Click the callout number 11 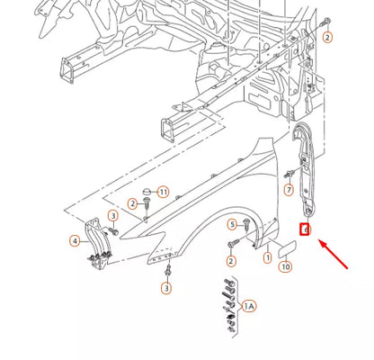163,192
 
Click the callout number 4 75,240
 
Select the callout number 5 231,224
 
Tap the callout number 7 289,190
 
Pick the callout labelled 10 285,266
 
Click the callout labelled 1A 249,306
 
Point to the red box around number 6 306,231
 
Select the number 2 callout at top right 327,37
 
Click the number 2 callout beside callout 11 132,205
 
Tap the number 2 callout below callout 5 231,261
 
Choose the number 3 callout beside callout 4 113,216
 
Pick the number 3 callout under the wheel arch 166,288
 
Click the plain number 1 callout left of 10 267,258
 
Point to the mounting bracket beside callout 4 96,243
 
